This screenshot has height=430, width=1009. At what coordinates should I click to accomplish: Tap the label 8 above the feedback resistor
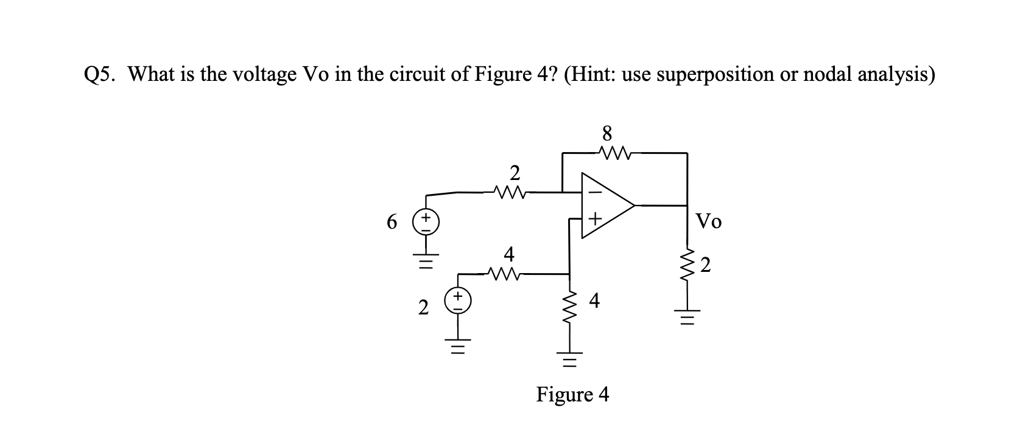[x=606, y=133]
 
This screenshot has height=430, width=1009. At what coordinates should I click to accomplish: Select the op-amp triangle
[x=606, y=206]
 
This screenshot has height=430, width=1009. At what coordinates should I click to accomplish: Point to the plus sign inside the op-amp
[x=596, y=217]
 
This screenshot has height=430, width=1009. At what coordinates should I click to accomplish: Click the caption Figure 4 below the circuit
[x=572, y=395]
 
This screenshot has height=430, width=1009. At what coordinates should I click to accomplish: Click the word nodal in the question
[x=830, y=75]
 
